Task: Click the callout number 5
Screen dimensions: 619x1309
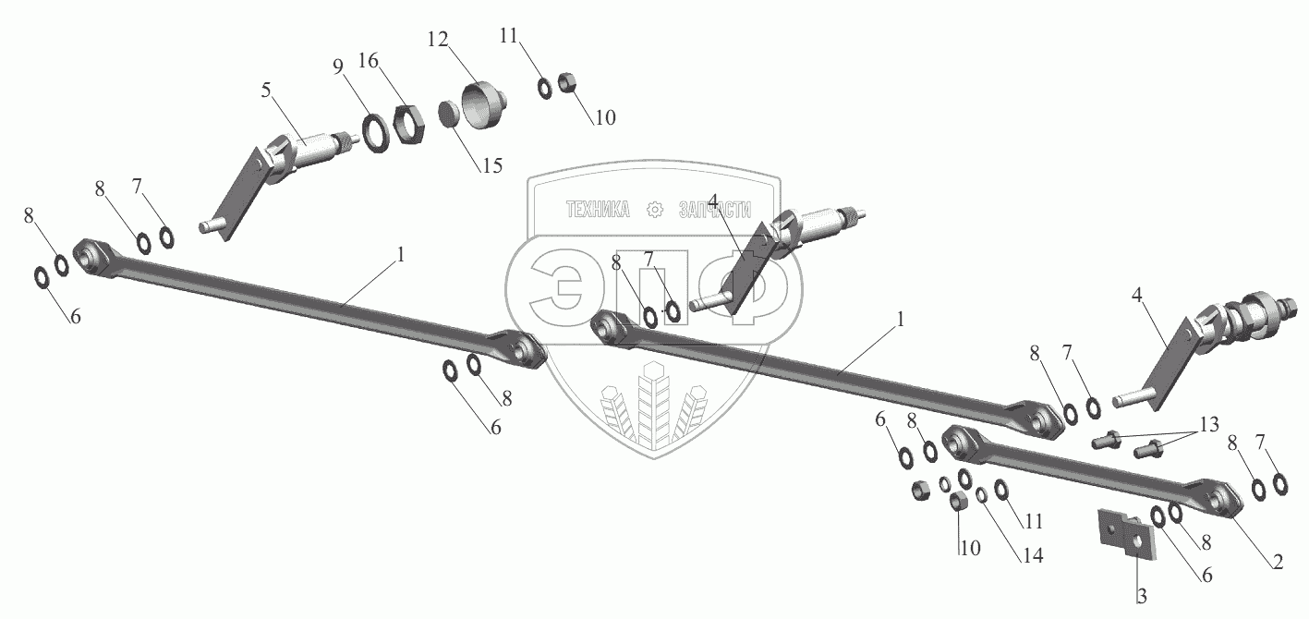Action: (267, 91)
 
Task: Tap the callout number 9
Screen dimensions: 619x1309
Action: (338, 67)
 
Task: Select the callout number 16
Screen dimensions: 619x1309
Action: (369, 62)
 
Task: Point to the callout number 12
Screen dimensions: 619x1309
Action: (438, 42)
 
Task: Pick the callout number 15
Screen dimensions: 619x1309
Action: (491, 165)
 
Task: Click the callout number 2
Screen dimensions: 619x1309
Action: (1277, 561)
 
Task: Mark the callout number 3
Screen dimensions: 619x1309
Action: (1142, 597)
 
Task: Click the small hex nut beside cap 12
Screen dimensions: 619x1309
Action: (571, 83)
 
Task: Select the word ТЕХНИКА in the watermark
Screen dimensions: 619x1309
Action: (598, 211)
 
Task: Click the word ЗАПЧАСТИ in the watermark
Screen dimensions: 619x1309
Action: (715, 211)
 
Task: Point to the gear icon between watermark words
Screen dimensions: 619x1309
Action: (656, 211)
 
